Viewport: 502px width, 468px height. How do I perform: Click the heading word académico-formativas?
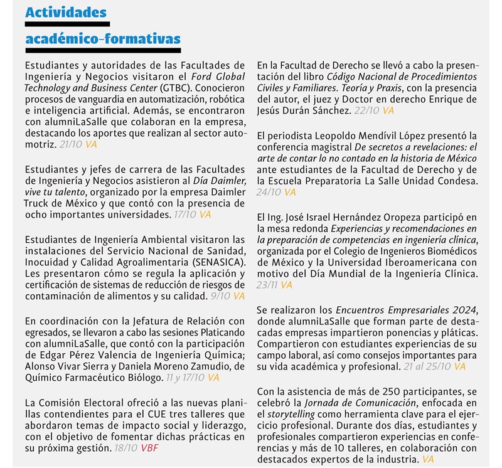pyautogui.click(x=103, y=39)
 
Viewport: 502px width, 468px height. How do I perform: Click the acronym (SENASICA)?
pyautogui.click(x=210, y=262)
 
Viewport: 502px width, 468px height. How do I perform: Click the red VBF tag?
pyautogui.click(x=150, y=449)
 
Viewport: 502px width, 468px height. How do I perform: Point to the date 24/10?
pyautogui.click(x=269, y=193)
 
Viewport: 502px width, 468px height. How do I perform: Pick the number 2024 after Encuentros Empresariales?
pyautogui.click(x=463, y=309)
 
